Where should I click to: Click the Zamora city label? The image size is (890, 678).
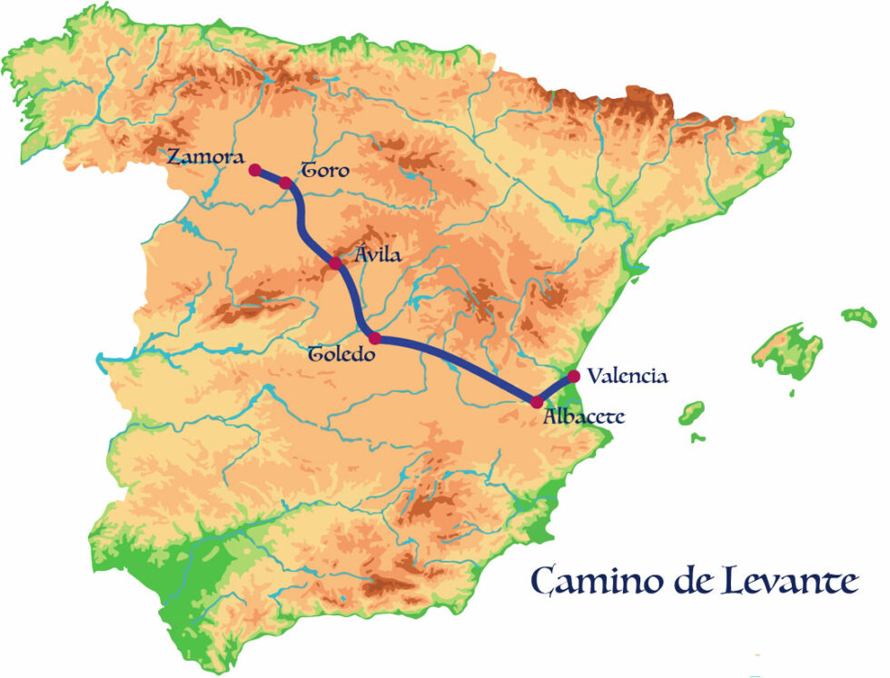[x=205, y=156]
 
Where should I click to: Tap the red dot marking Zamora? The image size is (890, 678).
[x=255, y=170]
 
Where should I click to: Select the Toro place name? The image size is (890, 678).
[x=324, y=170]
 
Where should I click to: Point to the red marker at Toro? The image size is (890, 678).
[x=285, y=183]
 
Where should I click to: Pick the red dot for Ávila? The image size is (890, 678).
[x=335, y=263]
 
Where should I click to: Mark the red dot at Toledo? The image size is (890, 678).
[x=374, y=338]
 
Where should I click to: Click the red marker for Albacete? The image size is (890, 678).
[x=537, y=402]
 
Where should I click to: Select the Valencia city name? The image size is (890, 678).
[x=628, y=375]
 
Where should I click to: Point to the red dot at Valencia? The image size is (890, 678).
[x=573, y=376]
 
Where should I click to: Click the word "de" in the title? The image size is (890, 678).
[x=685, y=581]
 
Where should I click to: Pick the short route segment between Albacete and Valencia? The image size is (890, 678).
[x=555, y=389]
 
